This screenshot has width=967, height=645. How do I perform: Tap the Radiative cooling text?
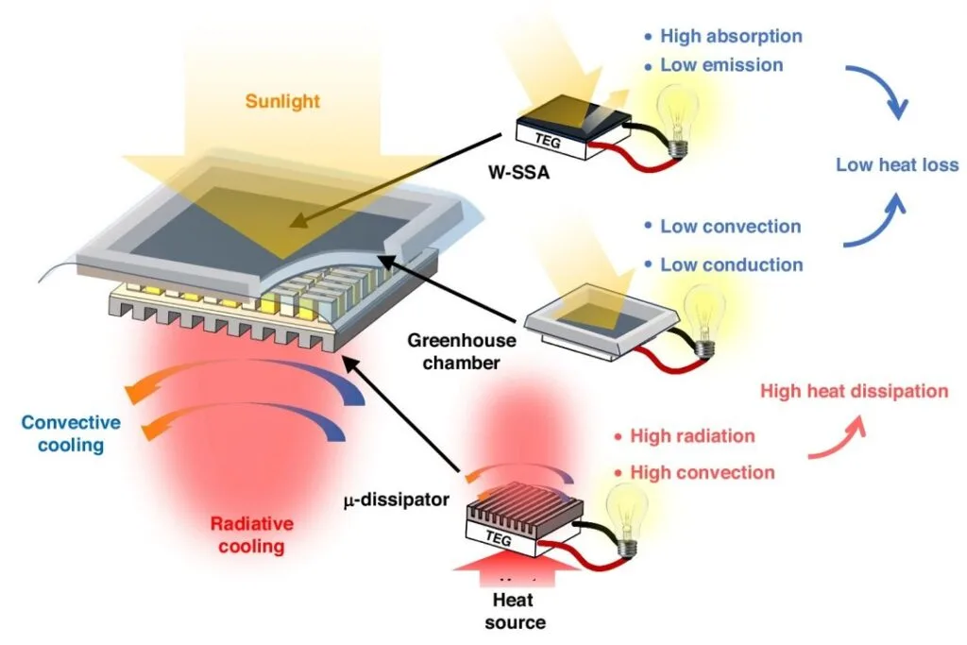(251, 535)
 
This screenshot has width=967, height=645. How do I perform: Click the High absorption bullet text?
(731, 37)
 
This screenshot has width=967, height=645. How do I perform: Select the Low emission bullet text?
(721, 65)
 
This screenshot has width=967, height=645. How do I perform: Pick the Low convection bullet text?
(730, 227)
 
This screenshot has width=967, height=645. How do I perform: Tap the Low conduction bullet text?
(731, 264)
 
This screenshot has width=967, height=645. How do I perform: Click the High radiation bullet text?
(692, 436)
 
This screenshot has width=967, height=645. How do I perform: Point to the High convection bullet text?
(702, 472)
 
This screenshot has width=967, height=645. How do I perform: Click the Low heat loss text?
(896, 165)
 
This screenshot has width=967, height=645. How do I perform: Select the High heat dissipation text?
(854, 391)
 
